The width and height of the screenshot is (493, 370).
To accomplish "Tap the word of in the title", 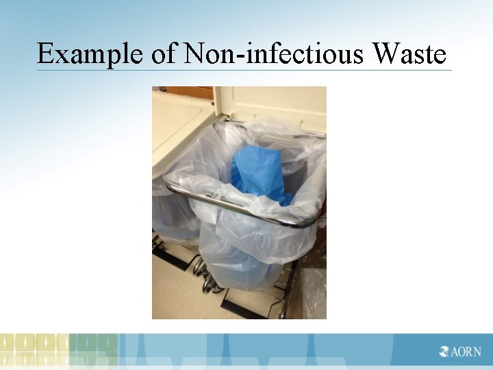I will pyautogui.click(x=164, y=54).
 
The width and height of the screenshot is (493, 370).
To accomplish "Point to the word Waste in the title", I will pyautogui.click(x=410, y=54).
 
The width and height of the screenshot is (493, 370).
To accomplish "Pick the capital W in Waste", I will pyautogui.click(x=385, y=54).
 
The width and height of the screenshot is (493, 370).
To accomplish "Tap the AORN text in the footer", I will pyautogui.click(x=465, y=352).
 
